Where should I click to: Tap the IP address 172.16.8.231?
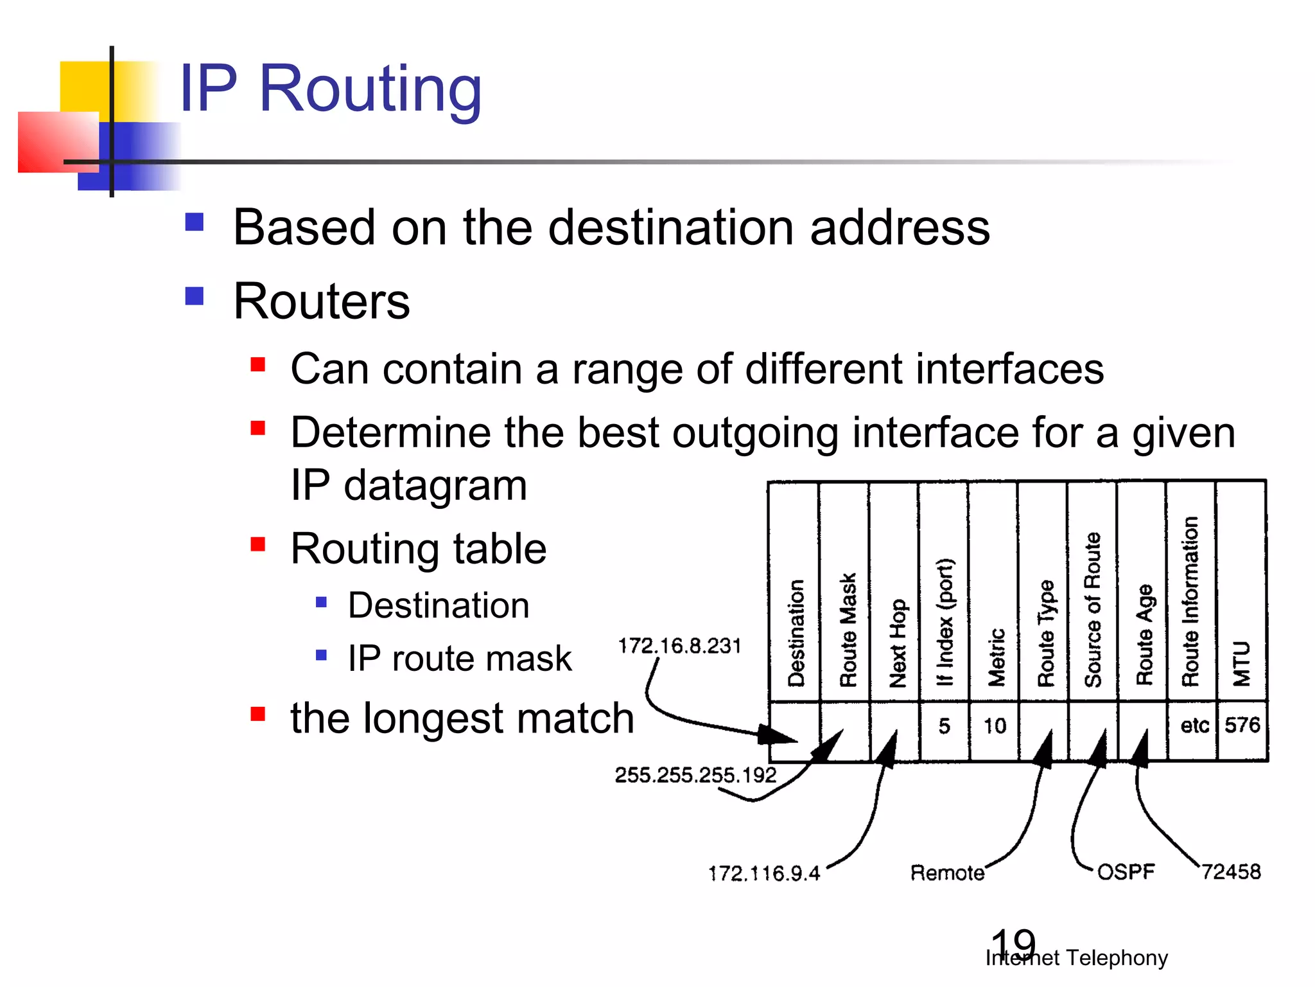pyautogui.click(x=679, y=645)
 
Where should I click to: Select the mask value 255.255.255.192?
pyautogui.click(x=695, y=775)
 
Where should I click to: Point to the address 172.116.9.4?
pyautogui.click(x=764, y=873)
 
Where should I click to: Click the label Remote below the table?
pyautogui.click(x=947, y=873)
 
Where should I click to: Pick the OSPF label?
pyautogui.click(x=1126, y=872)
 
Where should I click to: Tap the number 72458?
pyautogui.click(x=1231, y=871)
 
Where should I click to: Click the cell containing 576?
pyautogui.click(x=1242, y=725)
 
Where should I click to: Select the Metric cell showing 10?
pyautogui.click(x=995, y=726)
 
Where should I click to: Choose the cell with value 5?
pyautogui.click(x=944, y=726)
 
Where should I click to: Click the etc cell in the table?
pyautogui.click(x=1194, y=725)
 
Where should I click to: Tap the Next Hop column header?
pyautogui.click(x=897, y=643)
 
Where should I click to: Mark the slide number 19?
pyautogui.click(x=1013, y=943)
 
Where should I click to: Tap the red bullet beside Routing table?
pyautogui.click(x=258, y=545)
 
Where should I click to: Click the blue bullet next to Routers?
pyautogui.click(x=194, y=296)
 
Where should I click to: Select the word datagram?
pyautogui.click(x=435, y=485)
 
